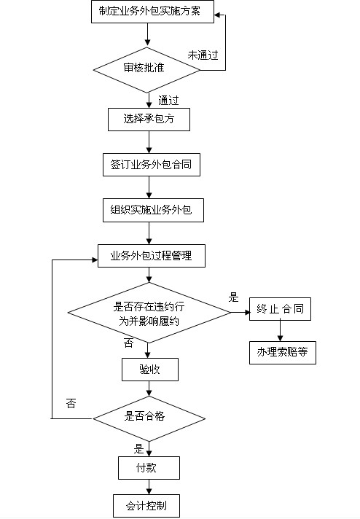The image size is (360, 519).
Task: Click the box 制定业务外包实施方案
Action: coord(152,12)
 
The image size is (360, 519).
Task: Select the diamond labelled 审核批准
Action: coord(146,70)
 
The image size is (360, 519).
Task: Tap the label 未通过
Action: coord(203,55)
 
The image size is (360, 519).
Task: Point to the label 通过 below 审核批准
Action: coord(168,101)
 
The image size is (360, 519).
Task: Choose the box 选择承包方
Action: coord(149,119)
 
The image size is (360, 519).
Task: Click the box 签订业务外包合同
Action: coord(152,165)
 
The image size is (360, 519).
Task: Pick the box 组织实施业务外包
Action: coord(153,210)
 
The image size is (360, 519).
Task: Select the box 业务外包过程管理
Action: coord(151,256)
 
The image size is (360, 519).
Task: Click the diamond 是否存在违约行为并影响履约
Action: coord(149,313)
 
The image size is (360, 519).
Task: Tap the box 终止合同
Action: coord(280,309)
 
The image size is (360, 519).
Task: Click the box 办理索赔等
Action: coord(283,353)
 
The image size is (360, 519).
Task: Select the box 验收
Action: coord(150,370)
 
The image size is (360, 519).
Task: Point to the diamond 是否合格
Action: coord(149,418)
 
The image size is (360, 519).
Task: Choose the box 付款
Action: coord(149,468)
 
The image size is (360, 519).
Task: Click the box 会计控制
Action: coord(146,506)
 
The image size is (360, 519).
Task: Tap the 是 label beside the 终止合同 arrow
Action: coord(233,297)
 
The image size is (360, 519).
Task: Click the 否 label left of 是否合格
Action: coord(71,403)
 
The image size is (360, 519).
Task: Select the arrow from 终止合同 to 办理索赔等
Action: coord(280,331)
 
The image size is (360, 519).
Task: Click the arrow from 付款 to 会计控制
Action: coord(149,487)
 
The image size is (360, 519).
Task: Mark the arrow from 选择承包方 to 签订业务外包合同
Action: coord(149,142)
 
